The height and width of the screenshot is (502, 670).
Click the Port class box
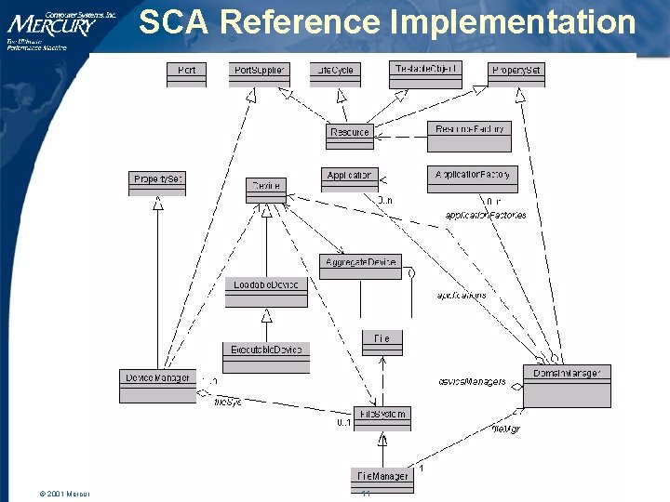[x=187, y=74]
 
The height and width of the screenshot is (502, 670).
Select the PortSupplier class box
[x=259, y=74]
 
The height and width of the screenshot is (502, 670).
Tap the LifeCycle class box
[x=335, y=74]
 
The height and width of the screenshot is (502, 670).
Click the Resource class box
[x=350, y=136]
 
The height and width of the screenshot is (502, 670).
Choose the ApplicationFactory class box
[x=472, y=179]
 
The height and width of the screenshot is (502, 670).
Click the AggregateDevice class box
[x=360, y=267]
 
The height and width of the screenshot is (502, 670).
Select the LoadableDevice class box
[x=266, y=291]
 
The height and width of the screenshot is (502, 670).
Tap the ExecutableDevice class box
[x=266, y=355]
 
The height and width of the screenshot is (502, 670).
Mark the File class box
[x=382, y=343]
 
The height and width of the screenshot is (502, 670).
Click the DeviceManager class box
[x=158, y=385]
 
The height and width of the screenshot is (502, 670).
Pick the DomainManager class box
[x=567, y=385]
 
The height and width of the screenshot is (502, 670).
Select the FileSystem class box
[x=382, y=418]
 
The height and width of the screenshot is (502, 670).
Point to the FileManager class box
[x=382, y=479]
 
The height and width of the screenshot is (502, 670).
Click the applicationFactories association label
[x=485, y=215]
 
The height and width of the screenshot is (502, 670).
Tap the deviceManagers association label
[x=472, y=381]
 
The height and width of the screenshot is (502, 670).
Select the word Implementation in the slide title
[x=514, y=22]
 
